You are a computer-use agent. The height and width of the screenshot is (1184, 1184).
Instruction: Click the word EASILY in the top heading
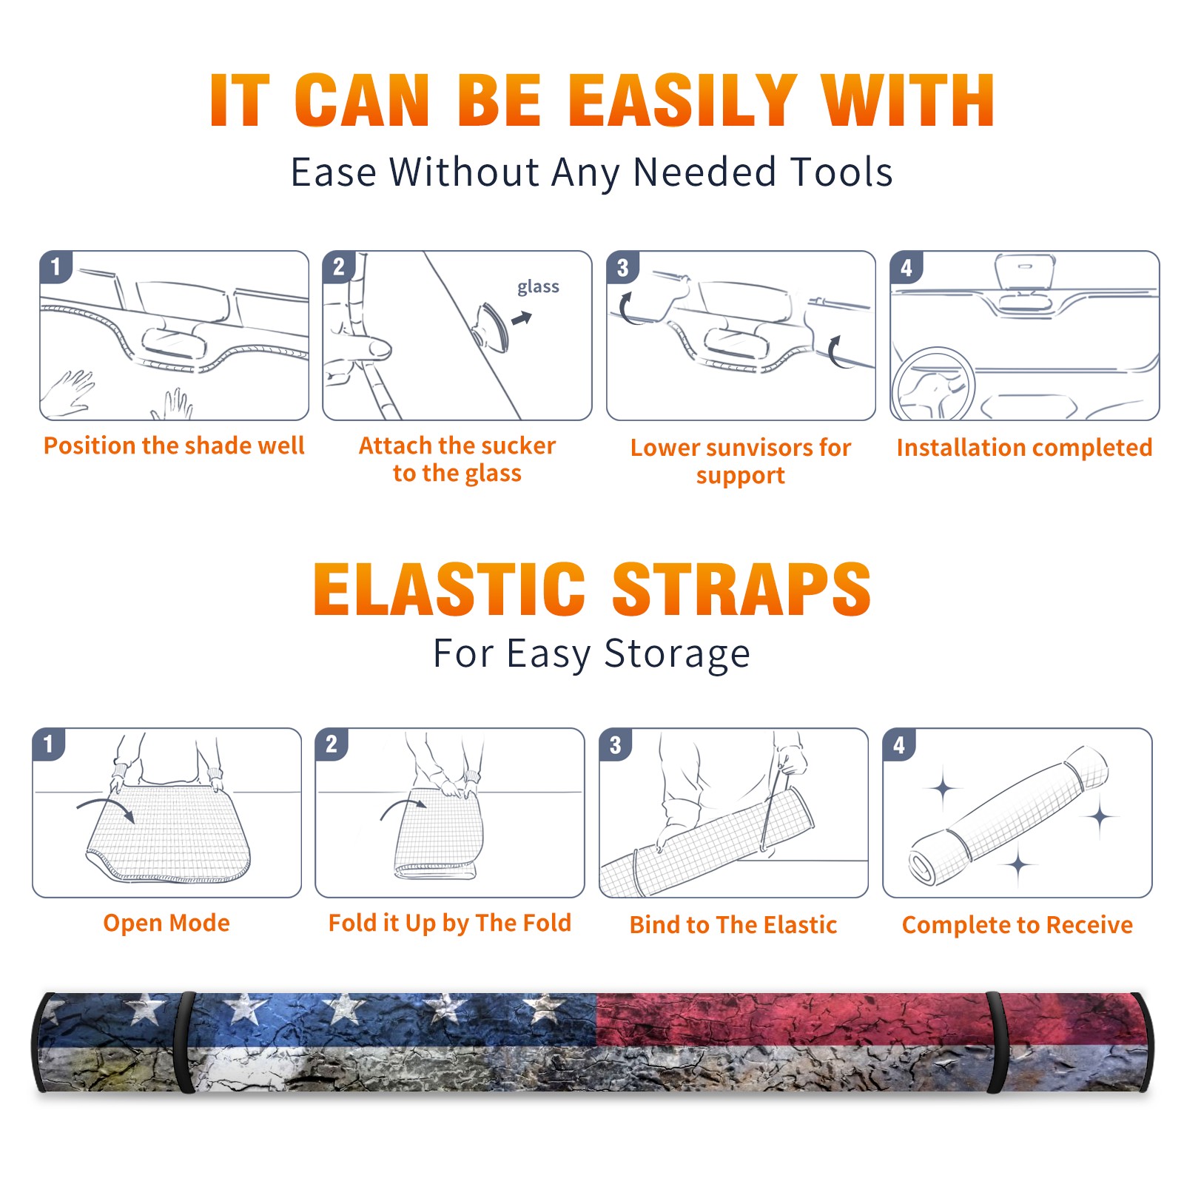tap(682, 101)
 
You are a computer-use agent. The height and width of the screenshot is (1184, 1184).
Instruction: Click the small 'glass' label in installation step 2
tap(538, 287)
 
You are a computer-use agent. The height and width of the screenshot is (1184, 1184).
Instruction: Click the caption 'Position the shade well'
tap(174, 445)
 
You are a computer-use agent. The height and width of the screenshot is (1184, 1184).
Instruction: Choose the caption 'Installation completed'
tap(1024, 447)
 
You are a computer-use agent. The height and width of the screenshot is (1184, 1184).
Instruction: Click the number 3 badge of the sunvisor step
tap(622, 267)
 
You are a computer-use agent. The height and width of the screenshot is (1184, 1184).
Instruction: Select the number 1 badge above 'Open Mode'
tap(49, 744)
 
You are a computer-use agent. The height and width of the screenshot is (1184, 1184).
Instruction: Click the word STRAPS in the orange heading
tap(741, 589)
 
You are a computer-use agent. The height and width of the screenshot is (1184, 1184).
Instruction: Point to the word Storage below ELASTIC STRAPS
tap(677, 654)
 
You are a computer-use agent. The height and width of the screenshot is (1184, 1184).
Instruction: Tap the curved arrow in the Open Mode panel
tap(106, 807)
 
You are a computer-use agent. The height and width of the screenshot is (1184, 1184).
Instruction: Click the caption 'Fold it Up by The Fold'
tap(450, 923)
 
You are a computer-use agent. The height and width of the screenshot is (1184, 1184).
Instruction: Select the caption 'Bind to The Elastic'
tap(733, 925)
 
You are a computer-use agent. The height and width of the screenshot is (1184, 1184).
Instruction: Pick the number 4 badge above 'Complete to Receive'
tap(899, 744)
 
